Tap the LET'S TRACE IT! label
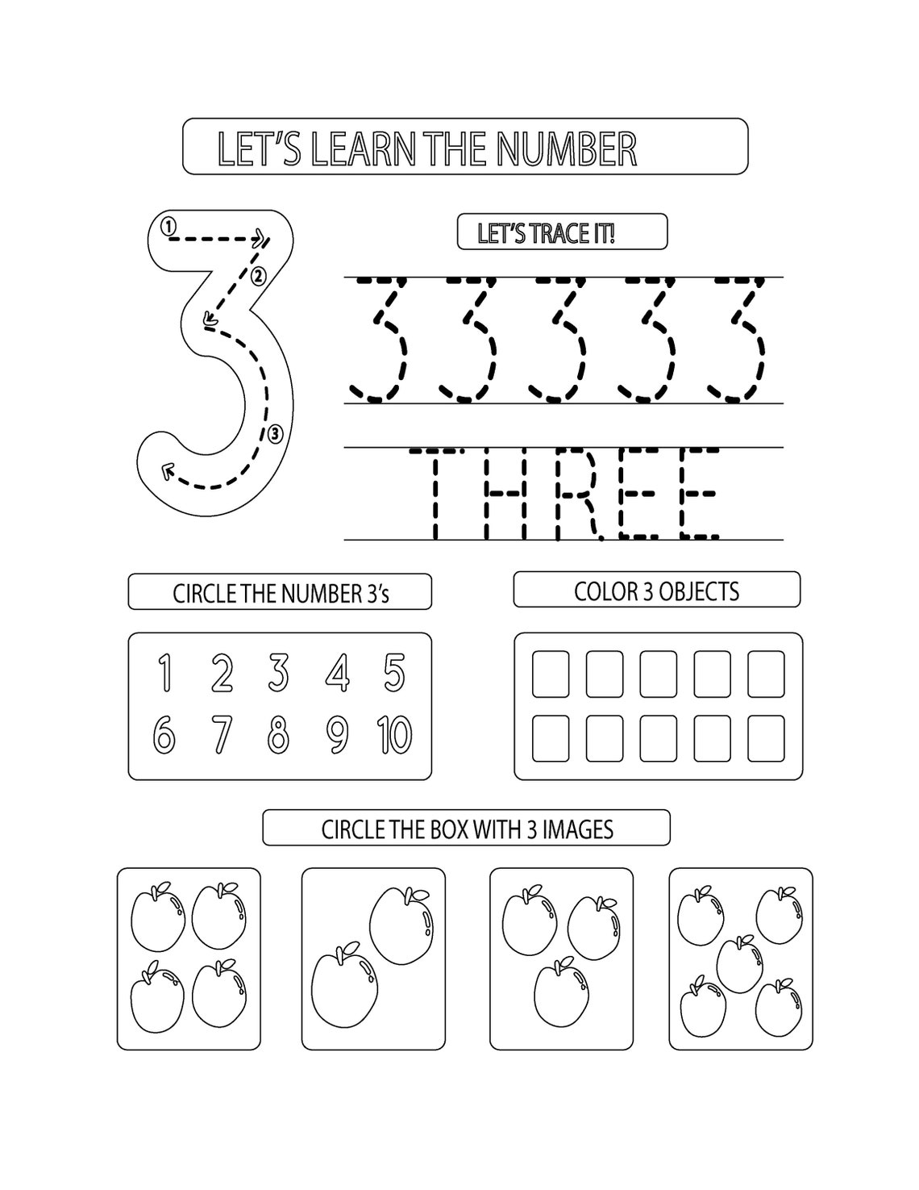546,234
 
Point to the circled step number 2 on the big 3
258,277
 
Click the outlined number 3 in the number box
279,673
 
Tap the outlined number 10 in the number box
394,734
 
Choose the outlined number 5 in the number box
394,673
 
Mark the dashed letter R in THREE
582,494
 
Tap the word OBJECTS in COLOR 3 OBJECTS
698,591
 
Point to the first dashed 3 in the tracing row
385,339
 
